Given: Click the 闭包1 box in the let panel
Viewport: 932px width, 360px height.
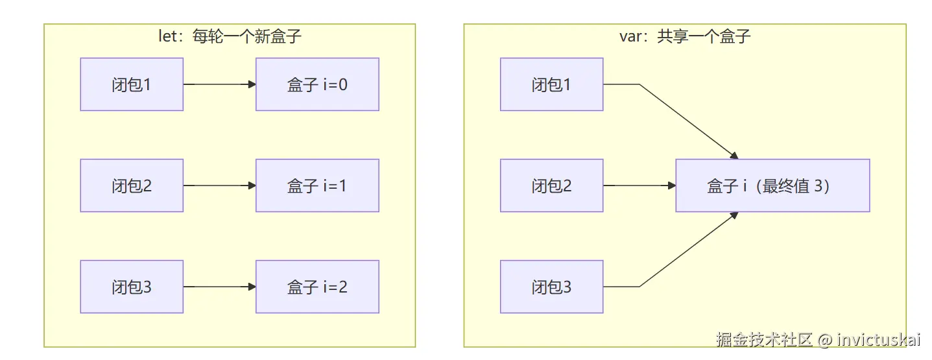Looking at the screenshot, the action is tap(132, 84).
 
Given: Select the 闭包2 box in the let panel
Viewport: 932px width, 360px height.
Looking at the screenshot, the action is tap(132, 186).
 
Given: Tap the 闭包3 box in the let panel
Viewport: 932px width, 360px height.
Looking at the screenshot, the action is tap(132, 287).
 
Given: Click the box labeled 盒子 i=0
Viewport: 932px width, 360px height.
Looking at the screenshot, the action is tap(317, 84).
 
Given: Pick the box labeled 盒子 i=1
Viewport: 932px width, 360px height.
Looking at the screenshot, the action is tap(317, 186).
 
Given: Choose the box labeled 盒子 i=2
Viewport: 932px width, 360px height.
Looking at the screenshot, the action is tap(317, 287).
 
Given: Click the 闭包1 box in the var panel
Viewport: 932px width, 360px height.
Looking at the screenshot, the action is tap(552, 84).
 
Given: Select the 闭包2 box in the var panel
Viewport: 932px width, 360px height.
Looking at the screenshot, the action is tap(552, 186).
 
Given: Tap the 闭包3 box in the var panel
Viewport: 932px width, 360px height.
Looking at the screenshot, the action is tap(552, 287).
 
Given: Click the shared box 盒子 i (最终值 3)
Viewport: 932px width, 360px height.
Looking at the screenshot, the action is tap(772, 186).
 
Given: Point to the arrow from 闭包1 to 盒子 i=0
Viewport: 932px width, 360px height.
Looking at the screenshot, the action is tap(220, 84).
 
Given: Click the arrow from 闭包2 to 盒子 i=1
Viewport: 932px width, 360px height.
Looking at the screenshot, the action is tap(220, 186).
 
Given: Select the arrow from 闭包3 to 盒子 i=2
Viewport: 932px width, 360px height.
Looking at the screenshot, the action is tap(220, 287).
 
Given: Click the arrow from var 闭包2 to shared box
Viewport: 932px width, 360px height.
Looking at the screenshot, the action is tap(639, 186).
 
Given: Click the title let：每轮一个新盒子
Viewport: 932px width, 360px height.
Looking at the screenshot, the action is tap(230, 36).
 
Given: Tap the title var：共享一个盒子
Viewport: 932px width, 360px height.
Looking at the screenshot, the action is tap(685, 36).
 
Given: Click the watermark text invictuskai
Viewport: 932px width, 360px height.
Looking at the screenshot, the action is tap(878, 340).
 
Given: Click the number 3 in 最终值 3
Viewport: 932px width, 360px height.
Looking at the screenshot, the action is tap(818, 186).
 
